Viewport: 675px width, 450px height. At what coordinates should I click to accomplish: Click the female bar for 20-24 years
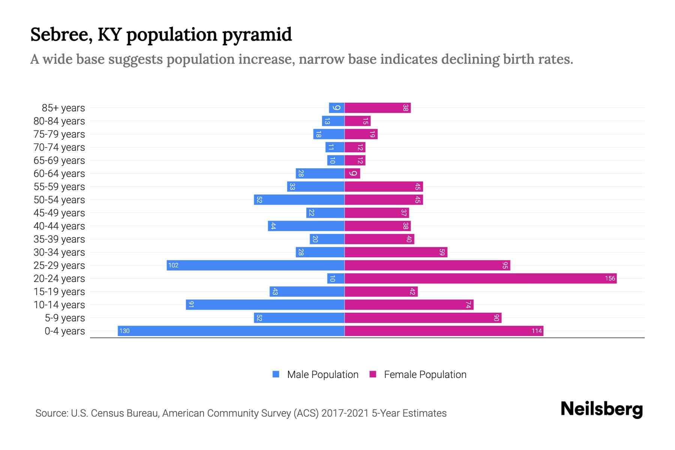tap(480, 278)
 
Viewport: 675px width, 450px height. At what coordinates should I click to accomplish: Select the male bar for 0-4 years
tap(231, 331)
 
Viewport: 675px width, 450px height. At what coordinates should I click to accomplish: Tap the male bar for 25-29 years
tap(255, 265)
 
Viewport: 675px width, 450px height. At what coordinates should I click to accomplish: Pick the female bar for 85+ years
tap(377, 108)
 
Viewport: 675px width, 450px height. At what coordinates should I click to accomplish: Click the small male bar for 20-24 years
tap(336, 278)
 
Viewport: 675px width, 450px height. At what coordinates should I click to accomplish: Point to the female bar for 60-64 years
tap(352, 173)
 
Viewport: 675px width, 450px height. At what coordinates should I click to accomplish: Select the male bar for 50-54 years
tap(299, 199)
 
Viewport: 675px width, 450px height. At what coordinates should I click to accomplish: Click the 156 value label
tap(610, 278)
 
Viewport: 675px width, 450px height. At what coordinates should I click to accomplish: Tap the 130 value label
tap(124, 331)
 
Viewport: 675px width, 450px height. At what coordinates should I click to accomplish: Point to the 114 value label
tap(537, 331)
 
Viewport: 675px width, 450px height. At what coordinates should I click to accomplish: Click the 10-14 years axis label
tap(59, 304)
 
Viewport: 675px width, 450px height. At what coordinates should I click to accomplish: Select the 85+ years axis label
tap(63, 108)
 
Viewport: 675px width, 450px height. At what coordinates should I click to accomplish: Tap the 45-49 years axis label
tap(59, 213)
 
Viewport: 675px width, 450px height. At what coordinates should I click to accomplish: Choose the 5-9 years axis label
tap(65, 318)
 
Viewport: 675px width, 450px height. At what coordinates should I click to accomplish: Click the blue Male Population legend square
tap(276, 374)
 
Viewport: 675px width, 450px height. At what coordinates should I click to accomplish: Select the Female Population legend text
tap(425, 374)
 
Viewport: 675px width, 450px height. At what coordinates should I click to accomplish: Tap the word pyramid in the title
tap(257, 34)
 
